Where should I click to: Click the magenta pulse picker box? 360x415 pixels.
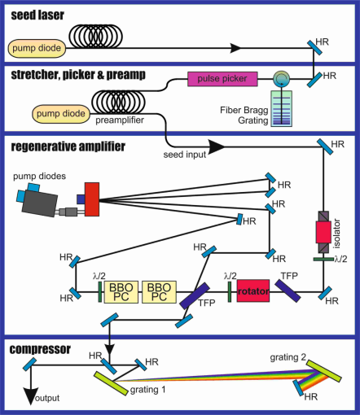pyautogui.click(x=222, y=79)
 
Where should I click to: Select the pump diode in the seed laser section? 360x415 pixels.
pyautogui.click(x=37, y=48)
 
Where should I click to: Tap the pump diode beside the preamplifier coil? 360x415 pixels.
pyautogui.click(x=61, y=114)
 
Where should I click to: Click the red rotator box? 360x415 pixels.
pyautogui.click(x=253, y=290)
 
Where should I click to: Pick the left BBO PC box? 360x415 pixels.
pyautogui.click(x=121, y=292)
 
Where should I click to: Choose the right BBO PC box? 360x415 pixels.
pyautogui.click(x=159, y=292)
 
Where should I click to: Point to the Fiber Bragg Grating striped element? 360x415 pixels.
pyautogui.click(x=282, y=108)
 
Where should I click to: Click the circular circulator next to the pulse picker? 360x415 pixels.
pyautogui.click(x=281, y=79)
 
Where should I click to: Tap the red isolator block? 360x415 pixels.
pyautogui.click(x=323, y=232)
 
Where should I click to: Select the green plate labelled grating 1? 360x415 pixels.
pyautogui.click(x=111, y=383)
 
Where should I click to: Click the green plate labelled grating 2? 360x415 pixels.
pyautogui.click(x=324, y=371)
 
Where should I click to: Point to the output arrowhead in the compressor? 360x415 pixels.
pyautogui.click(x=30, y=396)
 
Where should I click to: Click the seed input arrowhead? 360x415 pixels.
pyautogui.click(x=217, y=147)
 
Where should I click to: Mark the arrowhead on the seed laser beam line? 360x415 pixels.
pyautogui.click(x=235, y=48)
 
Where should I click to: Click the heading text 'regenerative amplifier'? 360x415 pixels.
pyautogui.click(x=68, y=146)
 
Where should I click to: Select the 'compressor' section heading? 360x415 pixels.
pyautogui.click(x=40, y=349)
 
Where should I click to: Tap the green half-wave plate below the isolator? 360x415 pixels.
pyautogui.click(x=323, y=260)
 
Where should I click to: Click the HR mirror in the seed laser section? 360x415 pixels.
pyautogui.click(x=315, y=48)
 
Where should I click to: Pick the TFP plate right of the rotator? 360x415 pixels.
pyautogui.click(x=288, y=290)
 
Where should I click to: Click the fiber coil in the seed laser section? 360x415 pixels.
pyautogui.click(x=95, y=37)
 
